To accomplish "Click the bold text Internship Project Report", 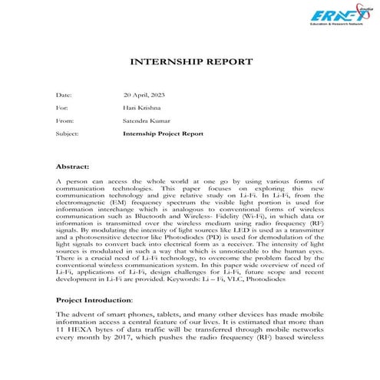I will pyautogui.click(x=163, y=133).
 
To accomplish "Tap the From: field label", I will pyautogui.click(x=64, y=121).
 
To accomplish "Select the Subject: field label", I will pyautogui.click(x=68, y=133).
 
